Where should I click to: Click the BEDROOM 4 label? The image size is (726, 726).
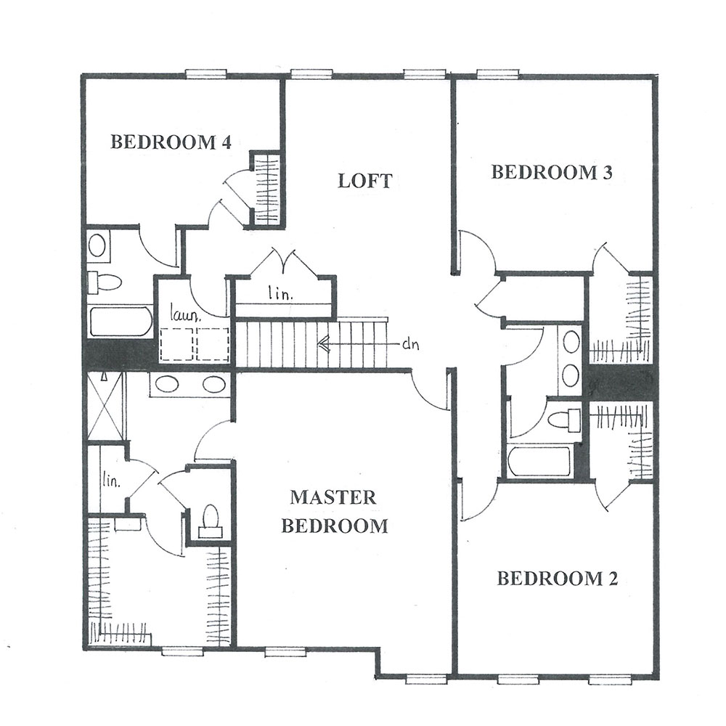coord(171,142)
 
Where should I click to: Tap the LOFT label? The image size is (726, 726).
coord(365,181)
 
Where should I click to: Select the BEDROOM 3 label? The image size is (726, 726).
coord(552,172)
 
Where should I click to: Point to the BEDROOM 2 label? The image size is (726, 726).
coord(558,579)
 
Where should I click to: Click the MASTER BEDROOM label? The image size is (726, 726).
coord(335,512)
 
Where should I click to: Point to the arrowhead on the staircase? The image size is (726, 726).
coord(323,344)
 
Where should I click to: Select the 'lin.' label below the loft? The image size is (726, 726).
coord(280,293)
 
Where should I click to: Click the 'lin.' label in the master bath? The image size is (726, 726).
coord(111,481)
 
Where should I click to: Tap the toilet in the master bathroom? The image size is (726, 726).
coord(211,521)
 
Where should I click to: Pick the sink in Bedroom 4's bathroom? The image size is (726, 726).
coord(97,245)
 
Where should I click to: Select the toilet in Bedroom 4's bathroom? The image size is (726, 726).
coord(105,282)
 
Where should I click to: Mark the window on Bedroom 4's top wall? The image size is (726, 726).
coord(206,73)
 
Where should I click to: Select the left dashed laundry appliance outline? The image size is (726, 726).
coord(176,344)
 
